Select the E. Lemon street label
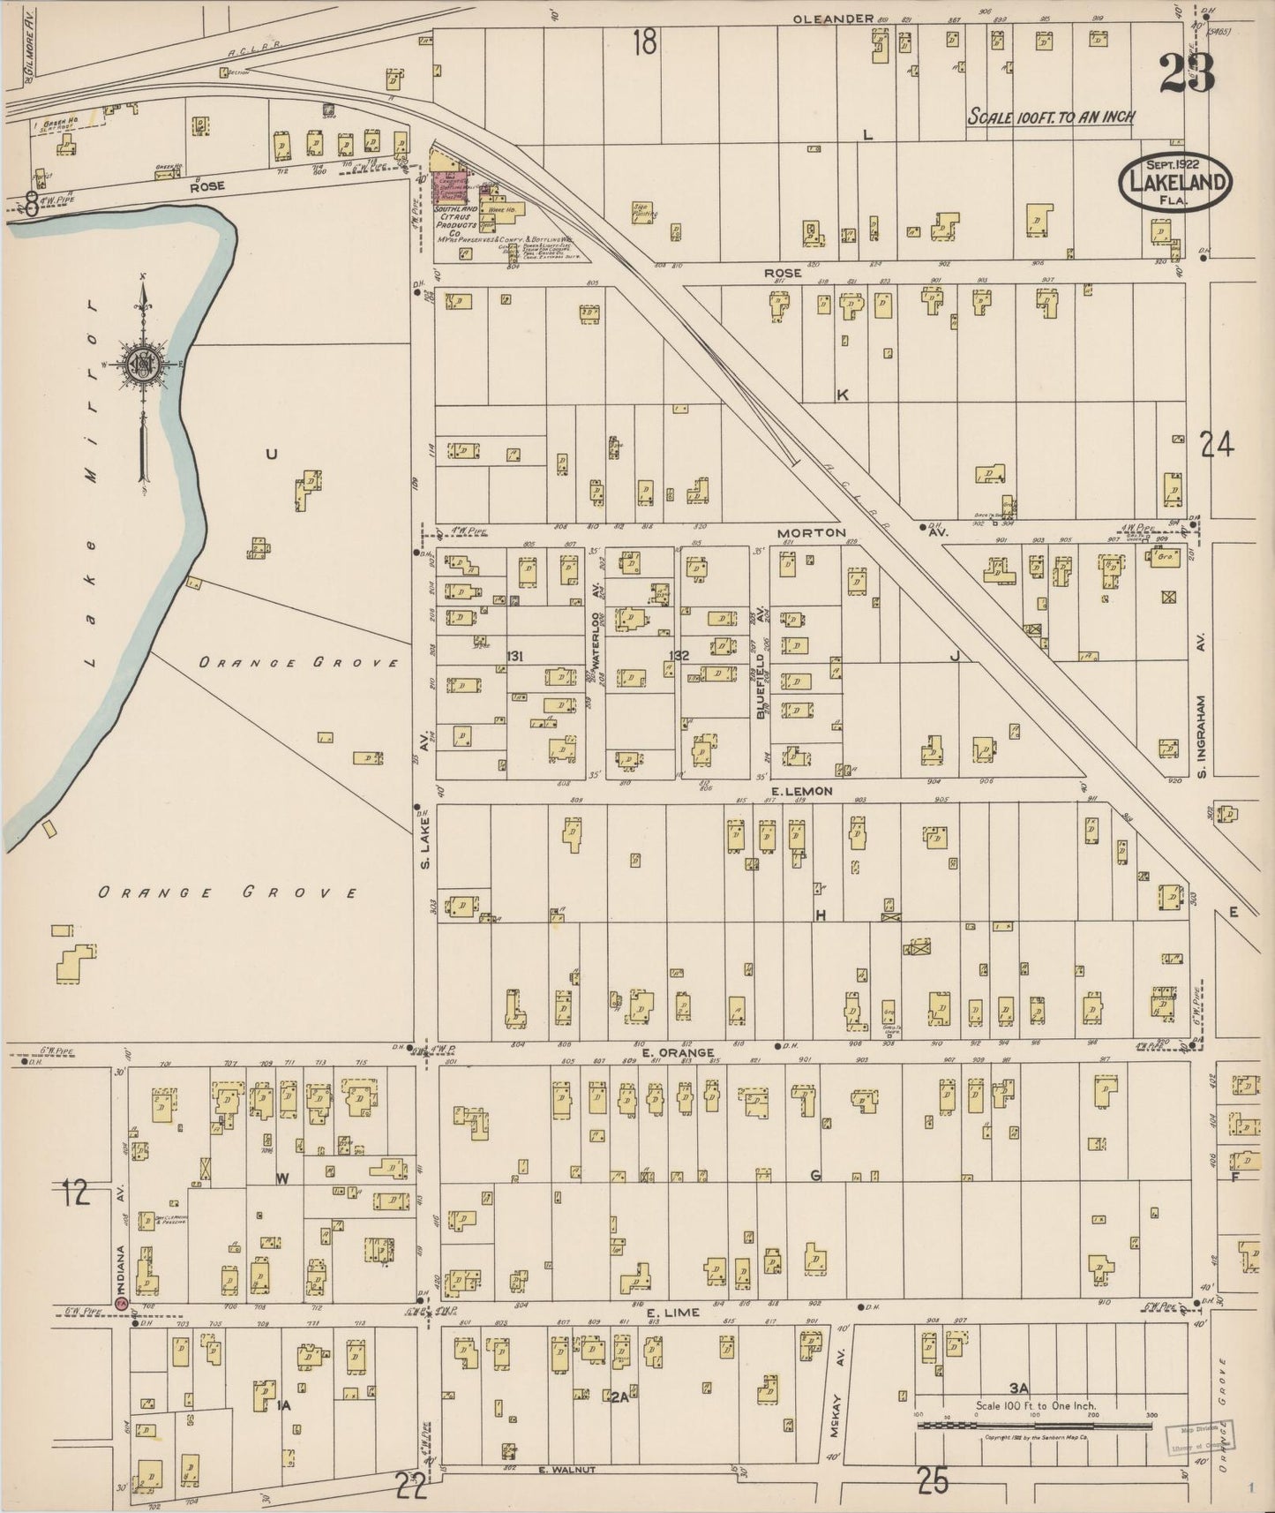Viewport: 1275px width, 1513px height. [800, 791]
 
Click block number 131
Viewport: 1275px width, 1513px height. [515, 655]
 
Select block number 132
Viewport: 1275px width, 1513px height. [679, 655]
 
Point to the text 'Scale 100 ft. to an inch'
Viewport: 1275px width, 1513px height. [1050, 117]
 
